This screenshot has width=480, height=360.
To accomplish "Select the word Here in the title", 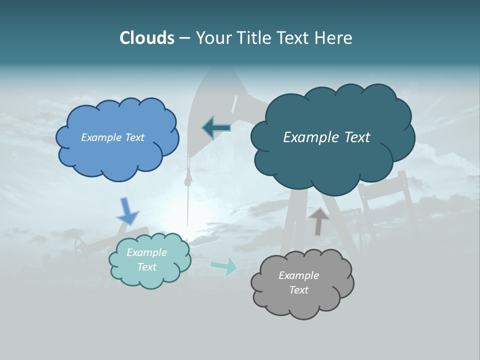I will click(334, 38).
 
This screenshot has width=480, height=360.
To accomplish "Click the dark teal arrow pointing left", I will click(216, 127).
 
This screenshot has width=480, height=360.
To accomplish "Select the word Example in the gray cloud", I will click(298, 275).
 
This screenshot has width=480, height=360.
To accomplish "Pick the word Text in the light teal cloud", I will click(147, 267).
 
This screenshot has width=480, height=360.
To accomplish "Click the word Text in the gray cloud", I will click(298, 290).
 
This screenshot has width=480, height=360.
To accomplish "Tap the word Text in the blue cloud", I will click(134, 137).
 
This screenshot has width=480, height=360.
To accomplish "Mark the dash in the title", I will click(184, 38).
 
